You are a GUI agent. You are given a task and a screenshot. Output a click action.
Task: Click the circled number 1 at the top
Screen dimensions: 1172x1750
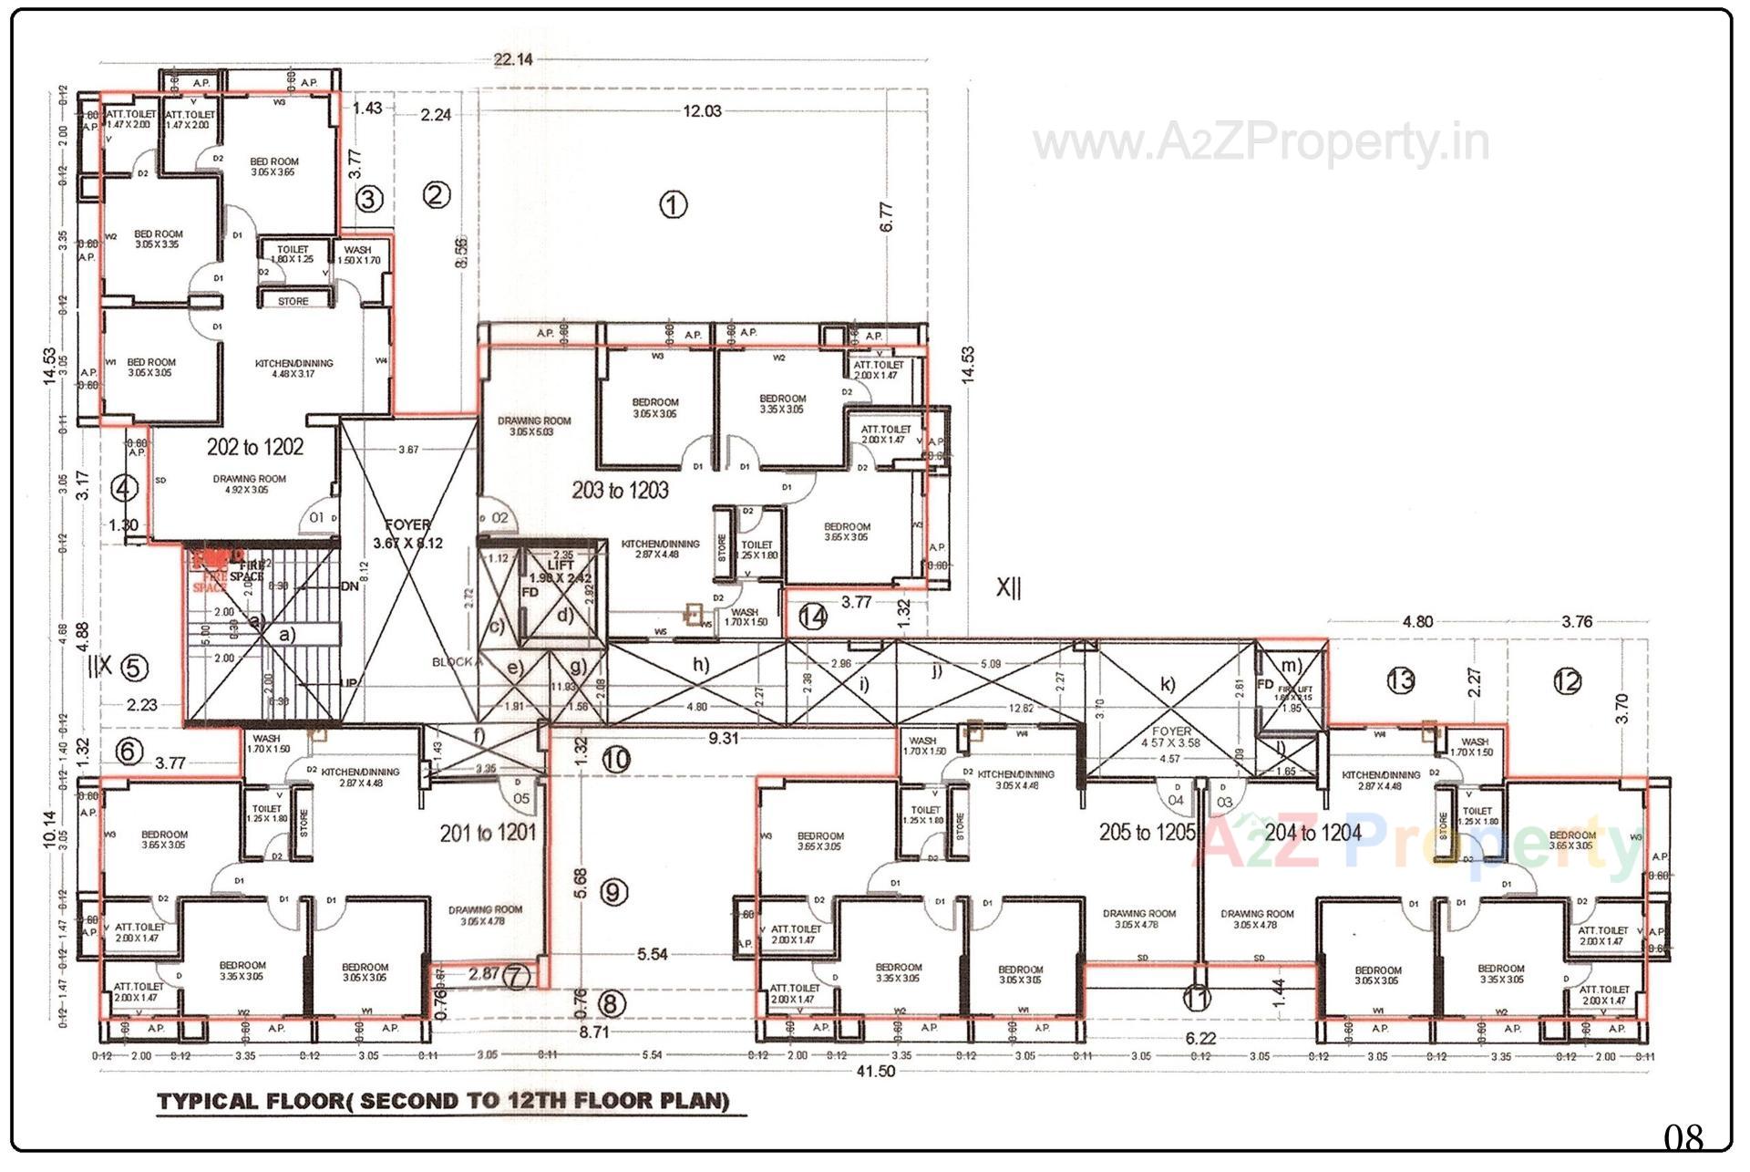coord(673,205)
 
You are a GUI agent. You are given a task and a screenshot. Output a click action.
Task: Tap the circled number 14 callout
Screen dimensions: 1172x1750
coord(812,617)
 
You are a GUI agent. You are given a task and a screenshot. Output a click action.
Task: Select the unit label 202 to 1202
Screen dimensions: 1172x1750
coord(254,447)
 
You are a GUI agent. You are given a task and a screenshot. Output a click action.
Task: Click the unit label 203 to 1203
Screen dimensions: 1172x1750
coord(620,491)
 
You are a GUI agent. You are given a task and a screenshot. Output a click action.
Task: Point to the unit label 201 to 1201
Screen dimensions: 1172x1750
coord(488,833)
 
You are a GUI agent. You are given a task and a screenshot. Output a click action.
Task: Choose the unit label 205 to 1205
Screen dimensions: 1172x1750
coord(1146,832)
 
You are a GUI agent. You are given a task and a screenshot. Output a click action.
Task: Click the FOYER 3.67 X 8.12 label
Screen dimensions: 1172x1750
coord(407,534)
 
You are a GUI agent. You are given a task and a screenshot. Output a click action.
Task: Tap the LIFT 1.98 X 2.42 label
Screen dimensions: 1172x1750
coord(561,572)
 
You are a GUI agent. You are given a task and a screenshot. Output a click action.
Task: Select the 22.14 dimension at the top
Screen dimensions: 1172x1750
coord(513,59)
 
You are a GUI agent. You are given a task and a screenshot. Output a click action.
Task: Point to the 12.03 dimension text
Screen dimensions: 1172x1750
coord(702,111)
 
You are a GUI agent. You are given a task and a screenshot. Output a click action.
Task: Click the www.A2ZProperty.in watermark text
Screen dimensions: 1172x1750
coord(1261,143)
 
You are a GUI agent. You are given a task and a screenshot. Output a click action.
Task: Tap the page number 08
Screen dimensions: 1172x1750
coord(1683,1137)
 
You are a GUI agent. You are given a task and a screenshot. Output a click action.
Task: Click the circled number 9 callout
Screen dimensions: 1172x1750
coord(613,892)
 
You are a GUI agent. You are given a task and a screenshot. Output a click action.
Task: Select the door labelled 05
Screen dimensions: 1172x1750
coord(520,798)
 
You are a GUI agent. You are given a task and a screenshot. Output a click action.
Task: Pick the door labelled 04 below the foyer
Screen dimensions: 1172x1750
coord(1176,800)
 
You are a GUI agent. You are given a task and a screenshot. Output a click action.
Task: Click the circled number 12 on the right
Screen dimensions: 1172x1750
coord(1567,681)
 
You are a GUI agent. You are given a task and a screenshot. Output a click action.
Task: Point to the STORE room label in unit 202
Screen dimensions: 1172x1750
coord(293,301)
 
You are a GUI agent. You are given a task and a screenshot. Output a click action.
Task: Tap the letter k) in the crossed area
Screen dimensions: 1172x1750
coord(1168,684)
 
